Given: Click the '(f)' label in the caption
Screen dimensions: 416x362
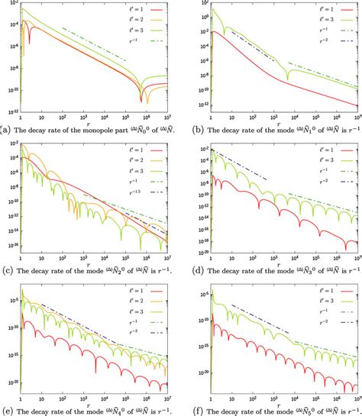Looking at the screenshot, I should pyautogui.click(x=194, y=410).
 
